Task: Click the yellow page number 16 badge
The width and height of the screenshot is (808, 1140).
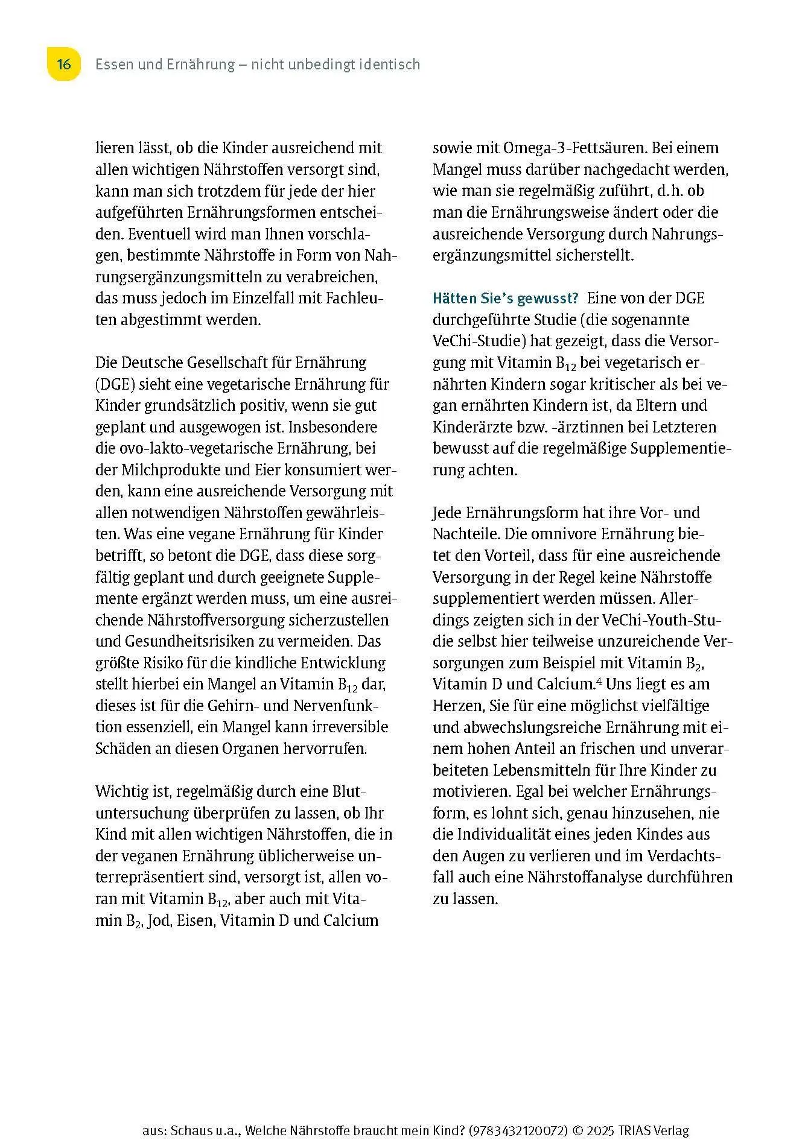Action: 63,65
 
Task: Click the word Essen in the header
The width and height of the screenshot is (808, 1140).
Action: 114,65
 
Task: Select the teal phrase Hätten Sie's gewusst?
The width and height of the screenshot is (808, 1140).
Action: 506,298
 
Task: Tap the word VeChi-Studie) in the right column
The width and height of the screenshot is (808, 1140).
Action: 479,341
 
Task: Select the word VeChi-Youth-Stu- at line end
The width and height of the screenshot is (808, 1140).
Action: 662,620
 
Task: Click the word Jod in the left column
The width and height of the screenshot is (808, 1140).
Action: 159,921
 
